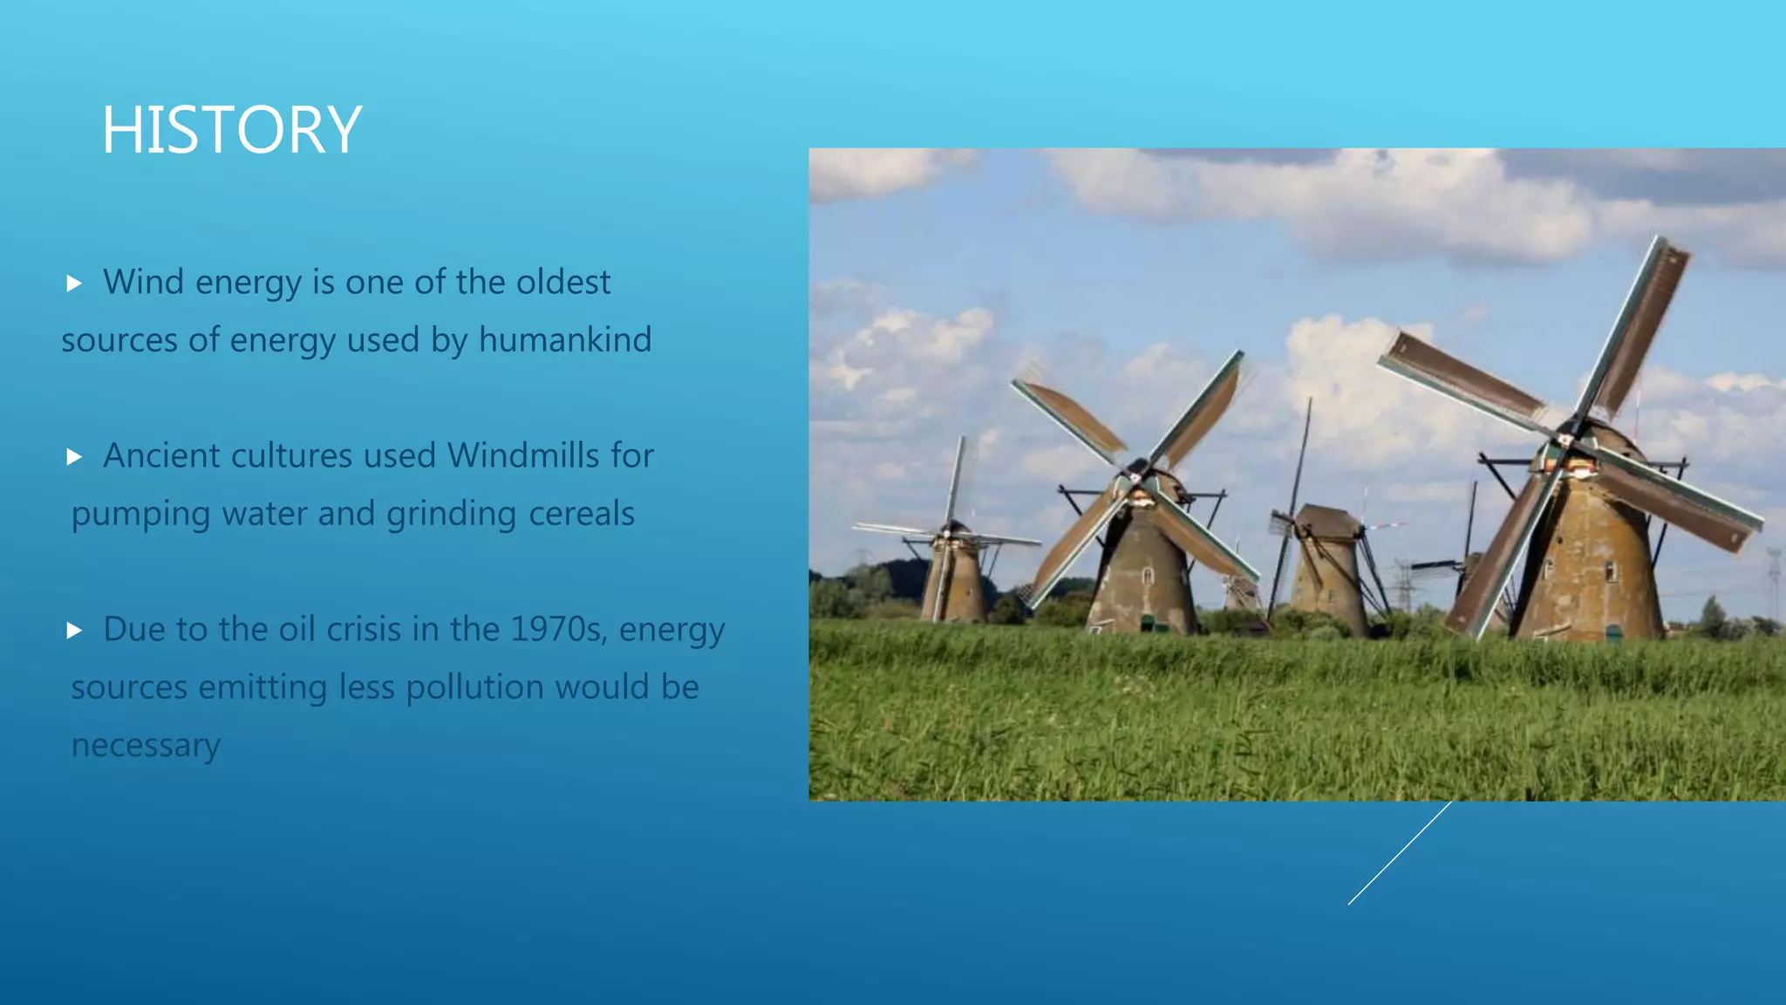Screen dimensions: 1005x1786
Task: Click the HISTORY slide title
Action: [231, 130]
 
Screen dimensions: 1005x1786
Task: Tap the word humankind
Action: [564, 340]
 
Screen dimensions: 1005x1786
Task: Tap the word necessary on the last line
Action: [146, 746]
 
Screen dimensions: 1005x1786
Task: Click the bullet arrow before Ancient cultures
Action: [74, 457]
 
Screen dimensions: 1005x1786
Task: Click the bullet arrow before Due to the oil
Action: [74, 631]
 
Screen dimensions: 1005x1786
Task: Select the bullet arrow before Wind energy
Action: [74, 284]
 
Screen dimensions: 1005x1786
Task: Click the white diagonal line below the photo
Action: [1399, 853]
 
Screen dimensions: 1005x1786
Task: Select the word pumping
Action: [140, 515]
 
